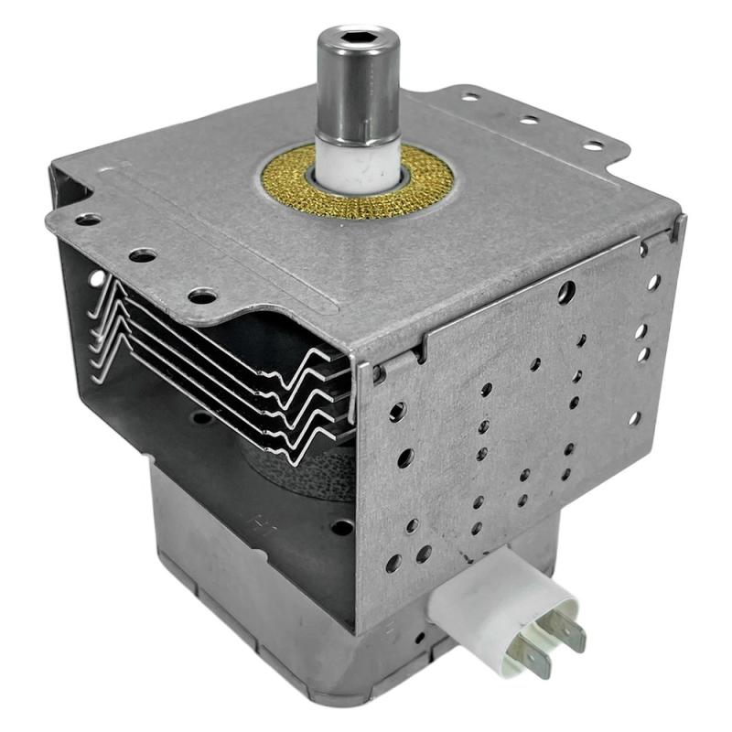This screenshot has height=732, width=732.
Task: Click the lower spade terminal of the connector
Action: (x=533, y=657)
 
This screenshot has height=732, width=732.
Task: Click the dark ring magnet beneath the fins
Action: (x=302, y=471)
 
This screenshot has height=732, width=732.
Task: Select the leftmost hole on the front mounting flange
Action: (x=88, y=220)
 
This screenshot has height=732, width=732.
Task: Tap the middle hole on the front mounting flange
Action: (x=142, y=255)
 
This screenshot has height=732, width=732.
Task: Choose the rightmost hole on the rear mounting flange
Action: (x=592, y=145)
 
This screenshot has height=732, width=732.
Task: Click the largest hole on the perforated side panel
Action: (x=566, y=292)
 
